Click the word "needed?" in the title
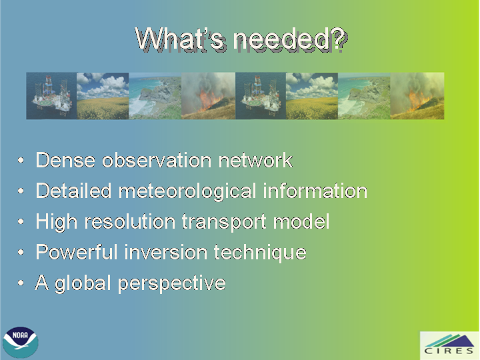click(290, 39)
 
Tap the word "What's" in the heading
click(181, 39)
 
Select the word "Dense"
click(65, 160)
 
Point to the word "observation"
click(157, 160)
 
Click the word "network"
click(255, 160)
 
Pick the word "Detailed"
click(73, 191)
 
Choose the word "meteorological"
click(187, 191)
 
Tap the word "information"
click(315, 191)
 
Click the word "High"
click(56, 222)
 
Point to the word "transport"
click(224, 222)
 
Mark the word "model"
click(301, 221)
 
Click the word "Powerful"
click(77, 252)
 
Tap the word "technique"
click(260, 253)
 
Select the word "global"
click(83, 283)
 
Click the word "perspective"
click(172, 283)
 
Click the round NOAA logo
click(21, 342)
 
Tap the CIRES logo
click(449, 345)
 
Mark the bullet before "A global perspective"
click(21, 283)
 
